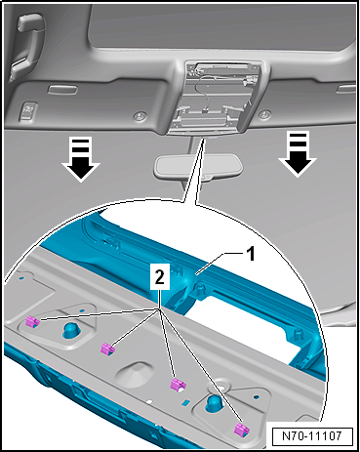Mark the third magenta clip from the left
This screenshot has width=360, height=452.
[178, 384]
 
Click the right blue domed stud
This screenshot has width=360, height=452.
[215, 403]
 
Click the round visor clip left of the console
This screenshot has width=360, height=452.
[142, 116]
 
